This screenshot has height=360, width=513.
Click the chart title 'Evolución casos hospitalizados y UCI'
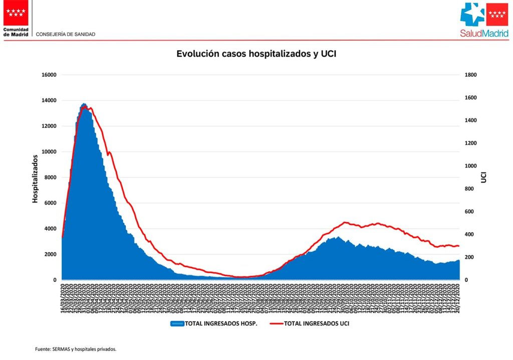(256, 54)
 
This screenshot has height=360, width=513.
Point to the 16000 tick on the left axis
(49, 75)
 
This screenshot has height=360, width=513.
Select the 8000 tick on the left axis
(50, 177)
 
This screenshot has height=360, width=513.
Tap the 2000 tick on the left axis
(50, 254)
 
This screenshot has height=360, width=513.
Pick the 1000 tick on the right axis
(471, 166)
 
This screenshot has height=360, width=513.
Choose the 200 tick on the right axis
(470, 257)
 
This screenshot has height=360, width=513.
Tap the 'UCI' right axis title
(484, 177)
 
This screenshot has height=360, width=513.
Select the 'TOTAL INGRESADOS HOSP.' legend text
(221, 324)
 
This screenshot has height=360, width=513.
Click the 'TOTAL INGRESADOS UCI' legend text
(317, 324)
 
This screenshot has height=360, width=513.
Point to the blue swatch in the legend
(177, 324)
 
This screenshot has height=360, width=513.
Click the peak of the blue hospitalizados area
(84, 104)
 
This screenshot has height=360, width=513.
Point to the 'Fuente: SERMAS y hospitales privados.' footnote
(76, 349)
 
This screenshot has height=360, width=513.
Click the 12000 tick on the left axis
(49, 126)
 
